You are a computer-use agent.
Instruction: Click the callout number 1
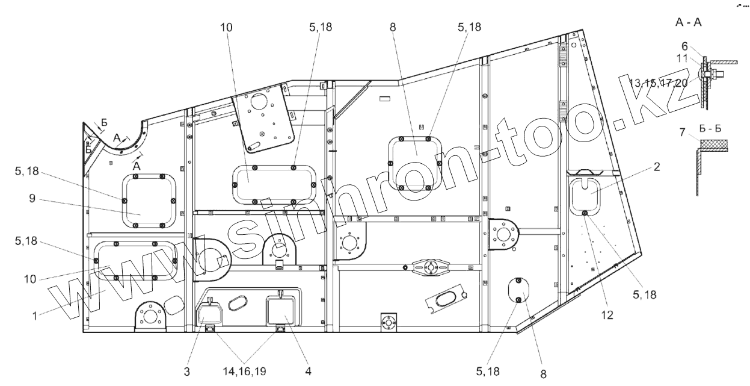[35, 314]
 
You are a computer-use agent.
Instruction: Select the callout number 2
[657, 167]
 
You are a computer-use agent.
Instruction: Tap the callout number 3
[188, 372]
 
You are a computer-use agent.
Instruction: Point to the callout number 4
[308, 372]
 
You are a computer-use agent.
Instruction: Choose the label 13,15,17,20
[658, 83]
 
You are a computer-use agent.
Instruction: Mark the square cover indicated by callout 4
[281, 312]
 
